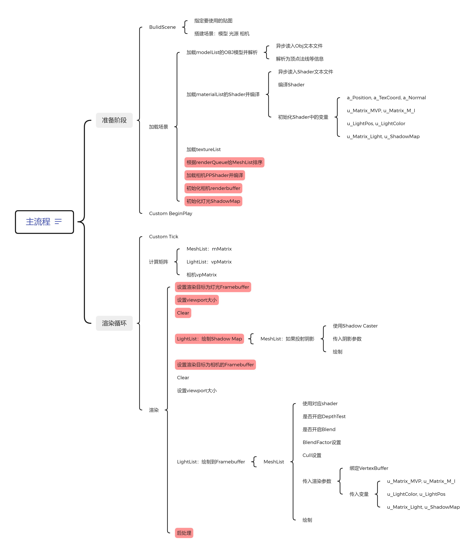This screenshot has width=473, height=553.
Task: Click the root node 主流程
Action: pos(38,222)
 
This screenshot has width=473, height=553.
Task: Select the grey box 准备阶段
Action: pos(114,120)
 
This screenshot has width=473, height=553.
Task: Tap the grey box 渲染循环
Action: pos(114,323)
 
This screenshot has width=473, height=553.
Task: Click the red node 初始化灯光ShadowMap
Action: pos(213,201)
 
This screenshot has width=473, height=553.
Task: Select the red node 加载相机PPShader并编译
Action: pos(214,175)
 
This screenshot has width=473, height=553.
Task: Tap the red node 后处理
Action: pos(184,533)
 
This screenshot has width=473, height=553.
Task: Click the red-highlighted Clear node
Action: pos(183,313)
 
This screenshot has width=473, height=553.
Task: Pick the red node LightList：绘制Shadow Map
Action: pos(209,339)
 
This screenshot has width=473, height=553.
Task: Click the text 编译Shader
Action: pos(291,85)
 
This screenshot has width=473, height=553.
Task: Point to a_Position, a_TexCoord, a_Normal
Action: pos(386,98)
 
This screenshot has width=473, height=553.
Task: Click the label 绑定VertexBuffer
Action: pos(369,468)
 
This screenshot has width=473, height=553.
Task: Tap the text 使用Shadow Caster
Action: pos(355,326)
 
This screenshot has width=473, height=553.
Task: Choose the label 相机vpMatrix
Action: pos(201,275)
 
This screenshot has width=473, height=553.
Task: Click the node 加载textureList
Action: pos(203,150)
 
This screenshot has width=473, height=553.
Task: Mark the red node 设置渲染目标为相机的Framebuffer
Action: pos(215,365)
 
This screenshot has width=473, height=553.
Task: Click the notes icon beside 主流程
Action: pos(58,222)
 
